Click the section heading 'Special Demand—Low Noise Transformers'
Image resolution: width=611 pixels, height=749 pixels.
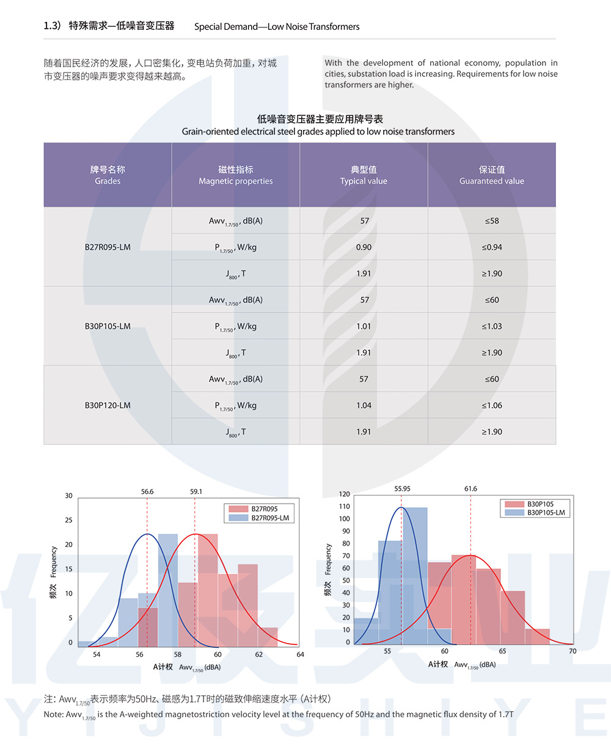(277, 27)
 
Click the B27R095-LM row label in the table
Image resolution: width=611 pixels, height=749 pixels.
(108, 247)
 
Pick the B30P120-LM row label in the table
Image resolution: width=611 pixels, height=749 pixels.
(108, 405)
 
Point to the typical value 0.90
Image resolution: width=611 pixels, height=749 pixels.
(364, 247)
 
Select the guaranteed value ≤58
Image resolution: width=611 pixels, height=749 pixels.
(492, 221)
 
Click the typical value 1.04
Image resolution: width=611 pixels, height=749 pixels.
(364, 405)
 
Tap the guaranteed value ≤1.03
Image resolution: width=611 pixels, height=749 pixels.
(492, 327)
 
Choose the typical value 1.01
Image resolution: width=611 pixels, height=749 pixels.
(364, 327)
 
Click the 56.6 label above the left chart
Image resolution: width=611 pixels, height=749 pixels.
(147, 491)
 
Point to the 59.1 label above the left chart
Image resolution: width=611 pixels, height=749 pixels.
(196, 491)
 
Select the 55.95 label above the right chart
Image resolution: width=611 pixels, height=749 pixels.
(402, 489)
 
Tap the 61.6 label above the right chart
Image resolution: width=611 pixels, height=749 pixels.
(470, 489)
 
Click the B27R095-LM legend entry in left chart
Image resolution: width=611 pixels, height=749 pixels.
(270, 518)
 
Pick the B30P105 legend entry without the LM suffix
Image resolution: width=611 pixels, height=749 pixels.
(540, 504)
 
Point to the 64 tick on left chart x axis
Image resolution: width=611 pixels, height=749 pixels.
(300, 654)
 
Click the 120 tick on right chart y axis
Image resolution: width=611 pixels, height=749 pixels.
(345, 494)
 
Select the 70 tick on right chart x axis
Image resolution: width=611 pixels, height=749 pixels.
(573, 651)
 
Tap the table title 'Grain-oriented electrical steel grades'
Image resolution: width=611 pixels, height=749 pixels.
(318, 132)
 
